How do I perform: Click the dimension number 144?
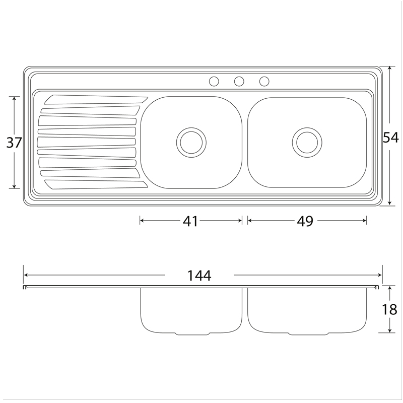[199, 276]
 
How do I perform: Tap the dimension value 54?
[391, 138]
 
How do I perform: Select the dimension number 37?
[14, 143]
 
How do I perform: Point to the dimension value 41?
[190, 221]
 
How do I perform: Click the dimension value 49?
[305, 221]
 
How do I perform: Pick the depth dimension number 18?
[389, 309]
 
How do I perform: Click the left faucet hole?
[214, 82]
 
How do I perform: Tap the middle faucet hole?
[239, 82]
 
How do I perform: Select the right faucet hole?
[264, 82]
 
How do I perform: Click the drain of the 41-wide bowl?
[191, 143]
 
